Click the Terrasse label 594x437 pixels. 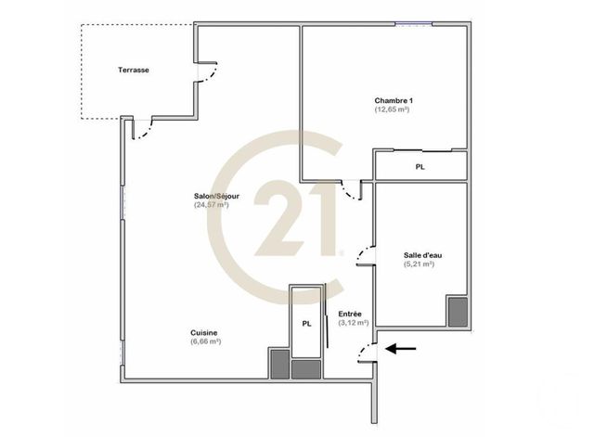click(x=135, y=71)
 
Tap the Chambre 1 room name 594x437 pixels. click(x=393, y=100)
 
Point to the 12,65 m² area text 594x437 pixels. click(x=393, y=109)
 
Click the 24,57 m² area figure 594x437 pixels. click(x=212, y=205)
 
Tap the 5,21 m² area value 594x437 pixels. click(x=420, y=264)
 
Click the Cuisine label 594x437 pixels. click(x=204, y=332)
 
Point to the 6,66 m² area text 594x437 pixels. click(x=205, y=341)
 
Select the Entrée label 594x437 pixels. click(x=350, y=314)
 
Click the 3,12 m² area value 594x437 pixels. click(x=353, y=323)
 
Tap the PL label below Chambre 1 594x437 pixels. click(x=420, y=167)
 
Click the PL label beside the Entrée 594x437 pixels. click(x=305, y=324)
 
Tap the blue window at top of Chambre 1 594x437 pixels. click(x=409, y=24)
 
